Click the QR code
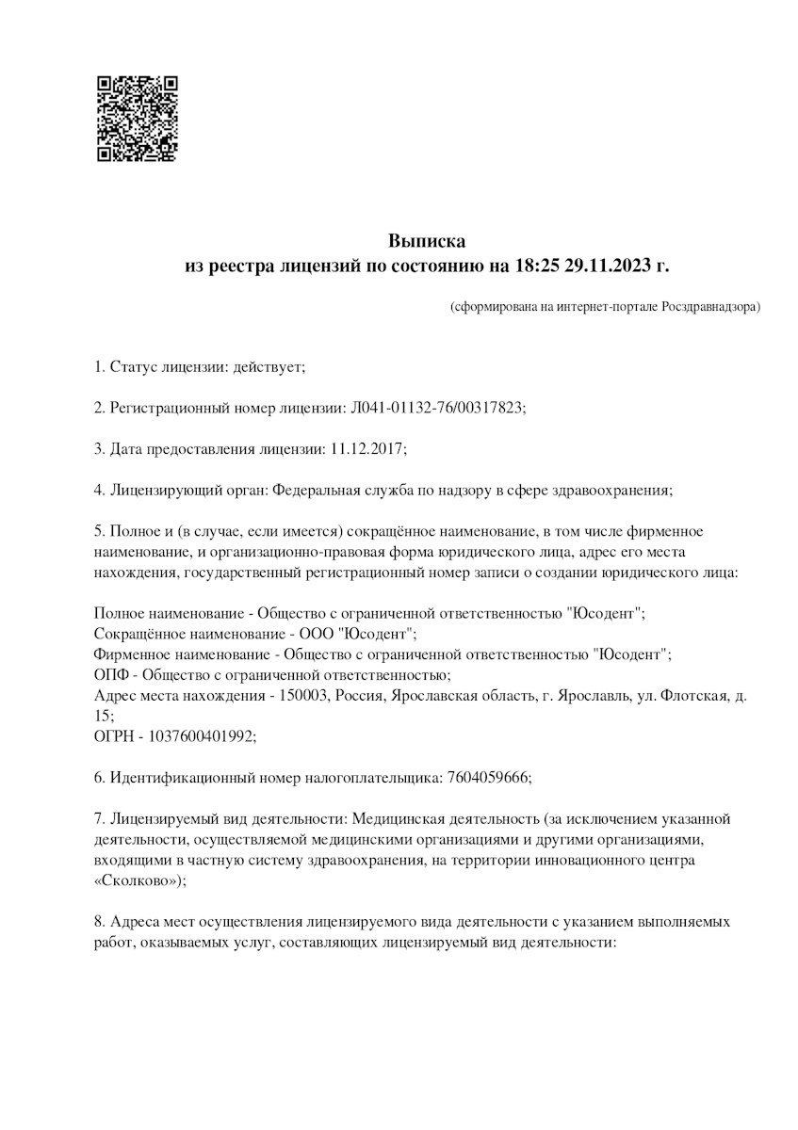137,118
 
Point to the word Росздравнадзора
709,307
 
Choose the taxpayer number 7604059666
486,778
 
